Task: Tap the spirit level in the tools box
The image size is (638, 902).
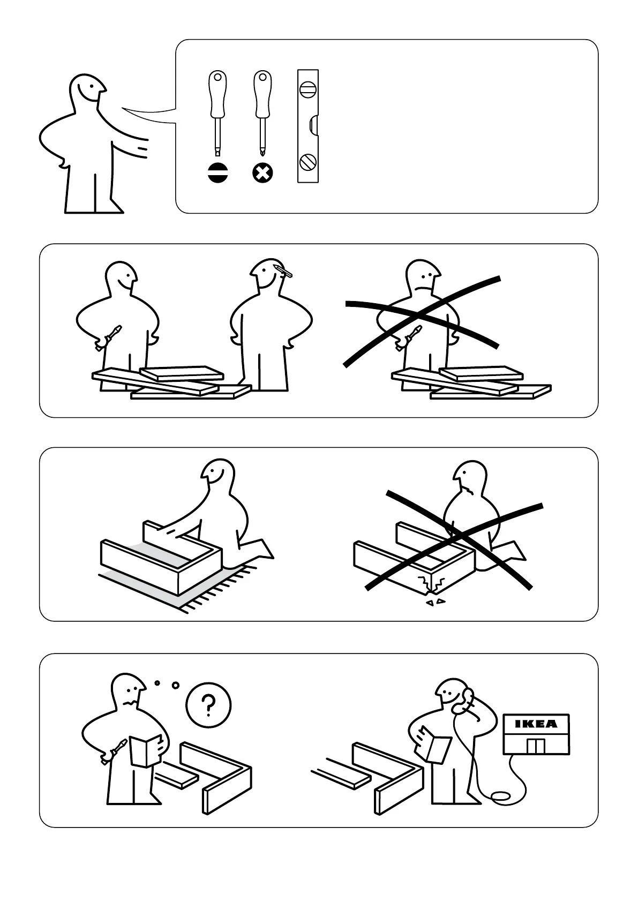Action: (307, 126)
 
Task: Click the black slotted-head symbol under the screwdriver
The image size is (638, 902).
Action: (218, 173)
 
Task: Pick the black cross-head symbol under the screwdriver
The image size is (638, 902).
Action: (262, 173)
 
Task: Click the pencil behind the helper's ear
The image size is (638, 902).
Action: (283, 271)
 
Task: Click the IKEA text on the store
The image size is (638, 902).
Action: (536, 724)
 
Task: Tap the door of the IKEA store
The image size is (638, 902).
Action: (536, 746)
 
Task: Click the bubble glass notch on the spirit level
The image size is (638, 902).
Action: (314, 126)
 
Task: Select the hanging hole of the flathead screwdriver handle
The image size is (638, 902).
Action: (217, 77)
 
